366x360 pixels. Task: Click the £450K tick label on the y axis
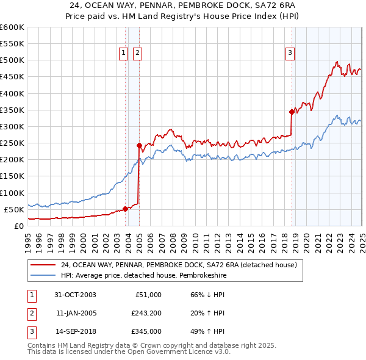12,77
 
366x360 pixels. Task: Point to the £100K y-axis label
12,193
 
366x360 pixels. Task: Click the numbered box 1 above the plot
124,54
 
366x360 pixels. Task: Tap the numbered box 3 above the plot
290,54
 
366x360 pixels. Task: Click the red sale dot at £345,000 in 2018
292,111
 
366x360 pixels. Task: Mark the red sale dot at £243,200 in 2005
139,145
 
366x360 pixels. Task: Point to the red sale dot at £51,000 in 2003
126,209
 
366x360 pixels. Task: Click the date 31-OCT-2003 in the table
76,295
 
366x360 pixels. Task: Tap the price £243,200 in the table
146,313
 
